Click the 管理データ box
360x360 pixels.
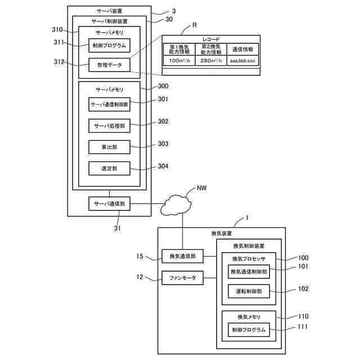[x=110, y=65]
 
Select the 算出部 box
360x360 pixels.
[x=110, y=146]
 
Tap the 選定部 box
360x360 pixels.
[x=110, y=168]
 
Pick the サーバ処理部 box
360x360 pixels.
[x=110, y=125]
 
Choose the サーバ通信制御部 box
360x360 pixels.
[x=110, y=105]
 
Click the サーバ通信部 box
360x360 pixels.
[x=110, y=203]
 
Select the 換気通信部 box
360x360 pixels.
[x=182, y=256]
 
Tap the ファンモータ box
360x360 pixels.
[x=182, y=278]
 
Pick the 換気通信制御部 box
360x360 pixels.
[x=249, y=271]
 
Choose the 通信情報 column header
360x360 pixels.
[x=244, y=49]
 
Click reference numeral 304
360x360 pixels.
[x=163, y=166]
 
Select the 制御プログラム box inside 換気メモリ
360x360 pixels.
[x=249, y=330]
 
